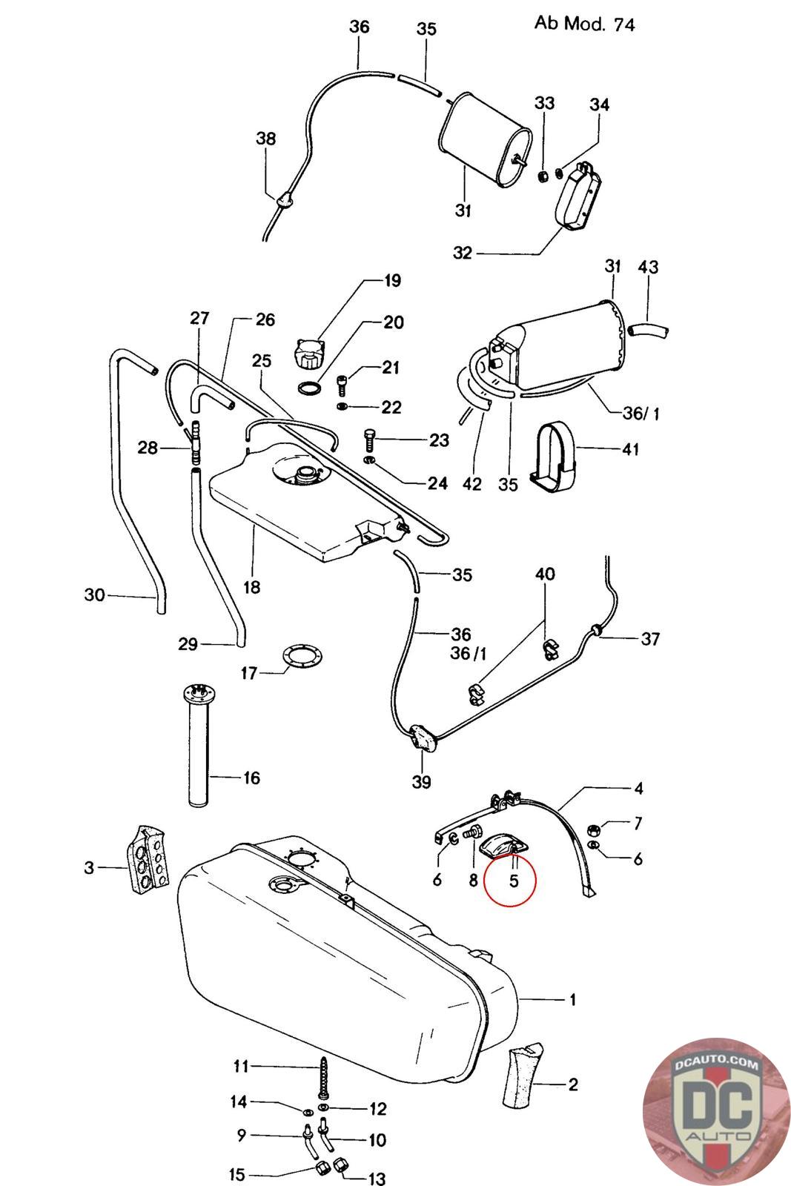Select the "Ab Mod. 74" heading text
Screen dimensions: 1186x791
pos(584,23)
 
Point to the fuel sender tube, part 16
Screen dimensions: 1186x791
pos(199,749)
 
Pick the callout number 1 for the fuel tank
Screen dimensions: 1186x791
pos(572,1000)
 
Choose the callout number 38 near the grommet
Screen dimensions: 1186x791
pos(265,139)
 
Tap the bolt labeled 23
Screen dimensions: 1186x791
pos(370,439)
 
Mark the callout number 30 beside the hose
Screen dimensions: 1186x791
pos(95,594)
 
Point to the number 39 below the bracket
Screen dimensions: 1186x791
pos(421,781)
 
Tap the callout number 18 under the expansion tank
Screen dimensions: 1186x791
pos(252,587)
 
